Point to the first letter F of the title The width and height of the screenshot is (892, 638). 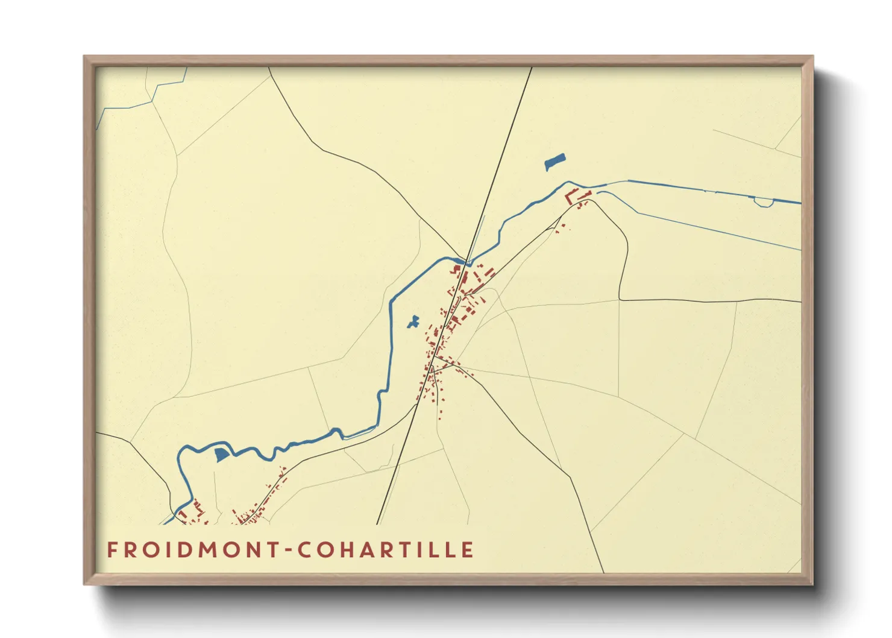coord(111,551)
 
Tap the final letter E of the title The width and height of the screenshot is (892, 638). coord(468,551)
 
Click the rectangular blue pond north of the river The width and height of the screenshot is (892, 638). coord(554,162)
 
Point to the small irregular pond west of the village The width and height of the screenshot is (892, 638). coord(413,322)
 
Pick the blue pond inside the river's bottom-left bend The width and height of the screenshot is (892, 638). coord(222,455)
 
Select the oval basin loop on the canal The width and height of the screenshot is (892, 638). coord(764,202)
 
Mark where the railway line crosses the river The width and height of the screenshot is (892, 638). coord(466,262)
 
